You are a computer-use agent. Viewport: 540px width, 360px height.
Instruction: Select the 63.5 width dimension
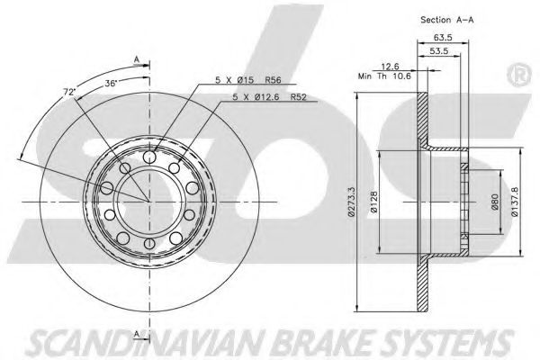(443, 39)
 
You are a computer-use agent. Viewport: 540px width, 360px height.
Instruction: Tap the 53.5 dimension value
(439, 52)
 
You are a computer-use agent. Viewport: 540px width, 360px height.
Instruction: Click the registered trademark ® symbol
(519, 69)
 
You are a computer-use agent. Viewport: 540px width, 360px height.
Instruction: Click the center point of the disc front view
(149, 199)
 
